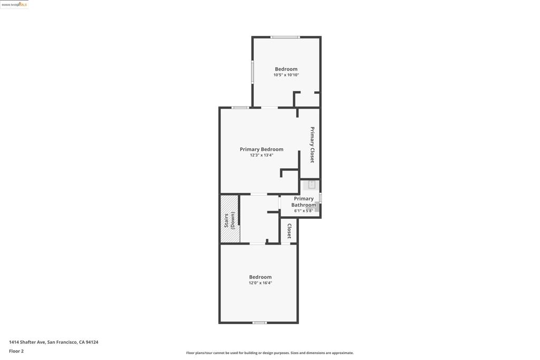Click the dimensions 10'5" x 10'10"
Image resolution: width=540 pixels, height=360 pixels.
(x=286, y=75)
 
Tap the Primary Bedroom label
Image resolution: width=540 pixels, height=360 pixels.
(x=262, y=149)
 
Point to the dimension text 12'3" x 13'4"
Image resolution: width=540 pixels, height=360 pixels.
(x=262, y=155)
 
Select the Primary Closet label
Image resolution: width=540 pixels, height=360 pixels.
(x=312, y=144)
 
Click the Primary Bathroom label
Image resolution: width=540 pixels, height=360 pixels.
(x=304, y=201)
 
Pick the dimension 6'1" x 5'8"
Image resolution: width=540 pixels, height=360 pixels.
(x=304, y=211)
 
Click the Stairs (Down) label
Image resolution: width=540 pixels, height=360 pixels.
(x=229, y=220)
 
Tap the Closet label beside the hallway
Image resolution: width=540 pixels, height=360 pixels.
(x=289, y=231)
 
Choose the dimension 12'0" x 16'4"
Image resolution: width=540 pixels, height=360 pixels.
(x=261, y=283)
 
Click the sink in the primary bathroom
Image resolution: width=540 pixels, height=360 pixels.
(x=312, y=184)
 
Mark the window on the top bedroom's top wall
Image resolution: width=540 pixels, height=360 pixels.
(x=285, y=37)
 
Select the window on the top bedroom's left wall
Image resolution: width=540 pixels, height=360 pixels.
(x=253, y=72)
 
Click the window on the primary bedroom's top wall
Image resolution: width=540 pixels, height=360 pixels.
(x=240, y=108)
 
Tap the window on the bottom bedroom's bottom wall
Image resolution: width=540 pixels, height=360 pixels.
(x=259, y=323)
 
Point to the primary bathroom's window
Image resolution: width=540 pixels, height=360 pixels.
(x=320, y=198)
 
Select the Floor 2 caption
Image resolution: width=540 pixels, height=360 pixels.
(x=16, y=351)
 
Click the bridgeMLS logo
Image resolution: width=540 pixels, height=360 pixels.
(x=14, y=4)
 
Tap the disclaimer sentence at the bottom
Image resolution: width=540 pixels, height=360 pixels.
(x=269, y=353)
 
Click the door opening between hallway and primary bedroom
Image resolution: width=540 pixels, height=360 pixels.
(x=258, y=194)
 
